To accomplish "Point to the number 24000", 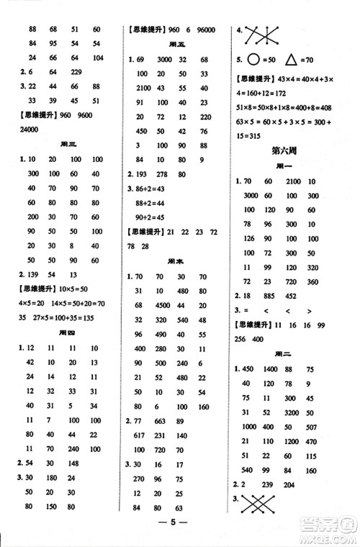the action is click(x=27, y=130).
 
